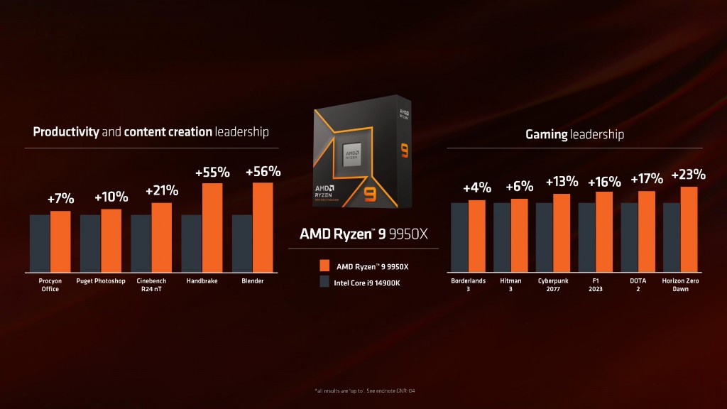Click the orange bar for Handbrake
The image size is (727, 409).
pos(212,227)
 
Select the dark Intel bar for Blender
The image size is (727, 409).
pos(242,243)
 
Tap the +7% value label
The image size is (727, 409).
pos(60,200)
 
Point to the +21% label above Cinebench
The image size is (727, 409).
pos(162,191)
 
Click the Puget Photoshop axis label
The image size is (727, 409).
pos(101,281)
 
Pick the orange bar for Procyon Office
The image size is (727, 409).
pos(60,241)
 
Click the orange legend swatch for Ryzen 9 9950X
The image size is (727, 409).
pos(324,266)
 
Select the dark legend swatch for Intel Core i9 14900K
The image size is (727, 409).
pos(324,281)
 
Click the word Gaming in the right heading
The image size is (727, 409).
pos(546,133)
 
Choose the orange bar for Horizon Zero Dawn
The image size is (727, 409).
pos(689,229)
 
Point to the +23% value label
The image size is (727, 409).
pos(688,175)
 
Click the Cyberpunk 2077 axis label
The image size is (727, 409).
pos(553,285)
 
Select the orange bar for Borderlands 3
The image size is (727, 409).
pos(476,236)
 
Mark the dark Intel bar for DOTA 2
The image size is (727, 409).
pos(629,237)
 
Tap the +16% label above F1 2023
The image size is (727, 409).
pos(603,182)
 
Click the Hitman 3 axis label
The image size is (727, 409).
pos(510,285)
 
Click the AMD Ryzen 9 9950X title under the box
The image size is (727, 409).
pos(363,233)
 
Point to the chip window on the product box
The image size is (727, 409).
pos(356,153)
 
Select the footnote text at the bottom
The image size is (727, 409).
pos(363,391)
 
